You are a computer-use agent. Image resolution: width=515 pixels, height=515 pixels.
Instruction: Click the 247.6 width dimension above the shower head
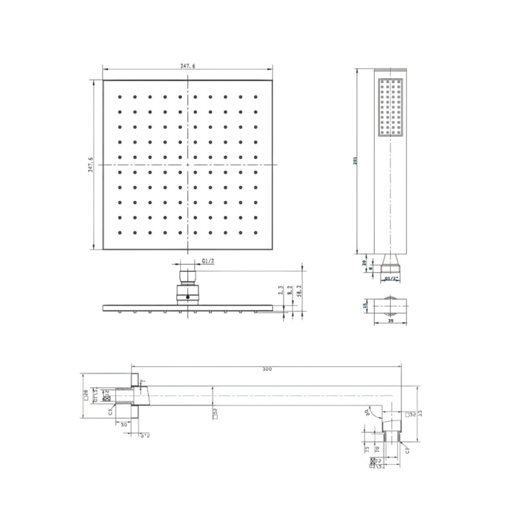pyautogui.click(x=188, y=66)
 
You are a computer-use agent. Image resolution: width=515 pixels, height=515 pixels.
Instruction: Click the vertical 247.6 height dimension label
pyautogui.click(x=91, y=165)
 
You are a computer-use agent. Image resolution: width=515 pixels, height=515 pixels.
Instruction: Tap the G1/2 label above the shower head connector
pyautogui.click(x=208, y=261)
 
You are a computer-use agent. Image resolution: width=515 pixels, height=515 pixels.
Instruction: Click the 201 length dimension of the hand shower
pyautogui.click(x=355, y=161)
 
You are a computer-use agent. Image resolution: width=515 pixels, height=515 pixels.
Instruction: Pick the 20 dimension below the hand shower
pyautogui.click(x=364, y=263)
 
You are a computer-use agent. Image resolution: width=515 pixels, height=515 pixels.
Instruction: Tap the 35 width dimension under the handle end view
pyautogui.click(x=390, y=321)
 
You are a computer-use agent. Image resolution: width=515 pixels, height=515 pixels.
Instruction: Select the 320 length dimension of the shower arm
pyautogui.click(x=267, y=369)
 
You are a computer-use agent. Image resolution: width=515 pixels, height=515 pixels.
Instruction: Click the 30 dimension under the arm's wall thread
pyautogui.click(x=124, y=424)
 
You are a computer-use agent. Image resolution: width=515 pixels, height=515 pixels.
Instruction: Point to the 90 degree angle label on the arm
pyautogui.click(x=368, y=411)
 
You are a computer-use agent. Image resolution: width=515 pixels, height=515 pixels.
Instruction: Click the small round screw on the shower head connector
pyautogui.click(x=187, y=297)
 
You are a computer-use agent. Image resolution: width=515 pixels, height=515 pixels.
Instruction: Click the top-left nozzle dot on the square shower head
pyautogui.click(x=120, y=97)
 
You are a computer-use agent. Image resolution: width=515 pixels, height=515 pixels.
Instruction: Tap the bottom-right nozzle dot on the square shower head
pyautogui.click(x=255, y=232)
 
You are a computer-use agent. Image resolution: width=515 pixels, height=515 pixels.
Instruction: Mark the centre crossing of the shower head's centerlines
pyautogui.click(x=188, y=165)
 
